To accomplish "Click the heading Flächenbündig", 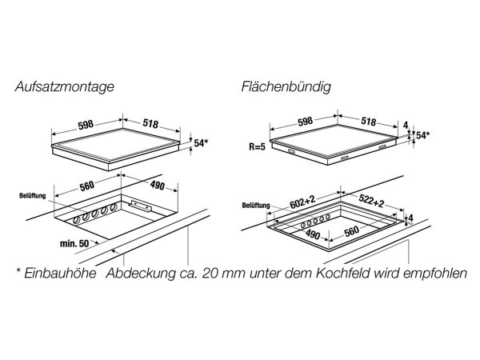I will pos(286,86).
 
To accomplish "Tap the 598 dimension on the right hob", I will pos(304,121).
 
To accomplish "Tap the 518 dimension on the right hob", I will pos(368,121).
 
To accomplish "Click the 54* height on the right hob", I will pos(423,135).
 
